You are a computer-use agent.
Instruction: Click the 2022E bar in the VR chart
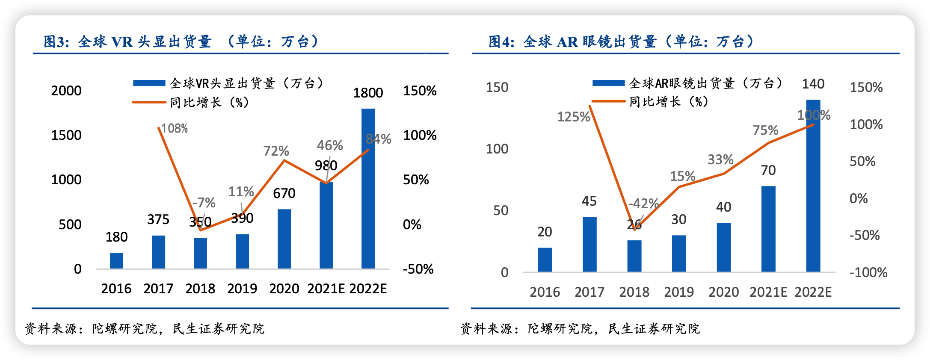point(368,188)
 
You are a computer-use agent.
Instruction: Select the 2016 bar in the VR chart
point(116,261)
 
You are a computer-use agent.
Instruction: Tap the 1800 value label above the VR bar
point(368,93)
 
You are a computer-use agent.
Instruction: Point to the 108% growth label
point(175,128)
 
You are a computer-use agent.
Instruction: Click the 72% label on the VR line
point(276,151)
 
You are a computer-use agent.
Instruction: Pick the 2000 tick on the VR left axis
point(66,91)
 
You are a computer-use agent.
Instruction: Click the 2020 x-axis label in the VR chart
point(284,289)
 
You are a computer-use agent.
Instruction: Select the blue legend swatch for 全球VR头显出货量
point(149,83)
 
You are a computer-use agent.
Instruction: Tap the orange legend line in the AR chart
point(608,102)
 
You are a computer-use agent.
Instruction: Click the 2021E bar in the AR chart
point(768,229)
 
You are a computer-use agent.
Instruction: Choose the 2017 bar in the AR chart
point(589,244)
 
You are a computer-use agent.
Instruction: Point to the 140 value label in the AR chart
point(813,84)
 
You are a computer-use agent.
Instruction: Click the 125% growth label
point(573,117)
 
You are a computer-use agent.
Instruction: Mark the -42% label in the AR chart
point(643,203)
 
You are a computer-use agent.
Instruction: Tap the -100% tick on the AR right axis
point(868,272)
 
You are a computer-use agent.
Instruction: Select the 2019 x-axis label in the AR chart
point(679,292)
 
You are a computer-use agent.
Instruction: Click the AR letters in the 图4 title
point(567,42)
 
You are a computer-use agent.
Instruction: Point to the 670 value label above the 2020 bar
point(284,193)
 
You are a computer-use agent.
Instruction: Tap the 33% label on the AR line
point(720,159)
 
